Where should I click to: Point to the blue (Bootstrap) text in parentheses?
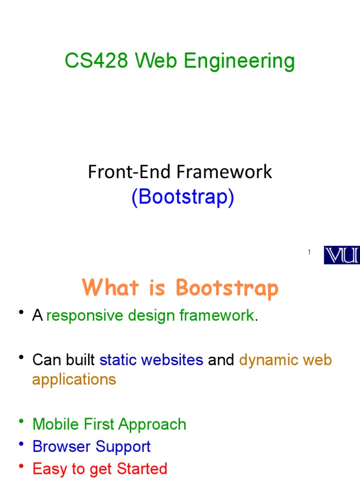(x=182, y=197)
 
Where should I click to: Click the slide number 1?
(x=309, y=252)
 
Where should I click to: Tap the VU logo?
(x=342, y=255)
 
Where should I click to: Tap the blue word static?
(x=118, y=360)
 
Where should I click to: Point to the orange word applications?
(x=74, y=379)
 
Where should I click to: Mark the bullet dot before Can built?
(x=21, y=358)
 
